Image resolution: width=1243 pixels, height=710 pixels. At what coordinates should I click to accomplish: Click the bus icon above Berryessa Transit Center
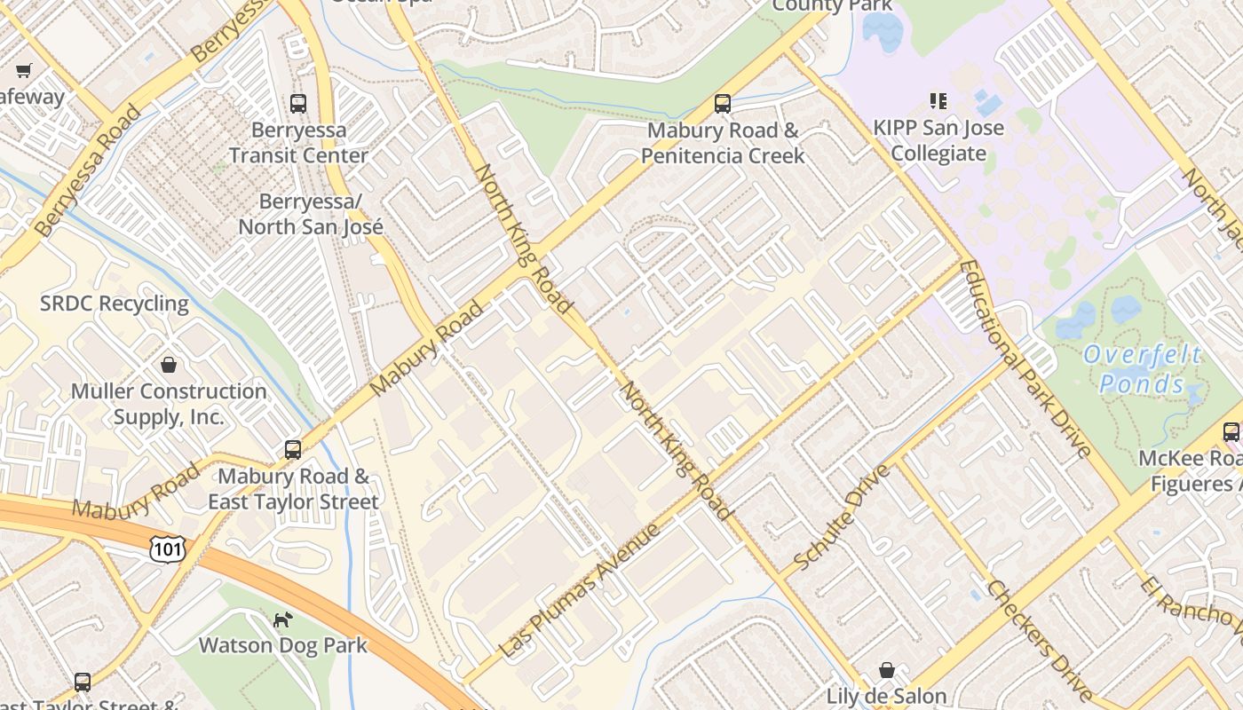298,104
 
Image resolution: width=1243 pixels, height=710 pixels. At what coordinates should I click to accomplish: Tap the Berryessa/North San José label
310,215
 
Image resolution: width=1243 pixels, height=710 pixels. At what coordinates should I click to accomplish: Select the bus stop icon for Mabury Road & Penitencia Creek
723,104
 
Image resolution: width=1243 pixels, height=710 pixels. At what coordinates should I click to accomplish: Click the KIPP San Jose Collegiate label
938,140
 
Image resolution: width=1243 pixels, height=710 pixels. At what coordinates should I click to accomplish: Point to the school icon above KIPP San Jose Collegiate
938,101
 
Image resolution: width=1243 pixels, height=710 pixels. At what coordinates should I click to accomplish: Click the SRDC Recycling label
115,304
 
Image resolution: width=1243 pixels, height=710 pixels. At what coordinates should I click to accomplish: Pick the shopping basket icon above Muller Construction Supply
169,365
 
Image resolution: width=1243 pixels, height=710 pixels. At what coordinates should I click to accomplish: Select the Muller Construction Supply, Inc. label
169,404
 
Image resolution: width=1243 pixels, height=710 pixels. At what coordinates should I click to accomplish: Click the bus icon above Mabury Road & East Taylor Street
293,450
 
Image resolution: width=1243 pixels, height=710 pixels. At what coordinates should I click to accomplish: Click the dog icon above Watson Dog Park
282,619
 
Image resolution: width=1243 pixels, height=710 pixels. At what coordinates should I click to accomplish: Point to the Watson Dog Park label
282,644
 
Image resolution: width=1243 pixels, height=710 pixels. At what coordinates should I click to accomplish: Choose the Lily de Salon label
886,696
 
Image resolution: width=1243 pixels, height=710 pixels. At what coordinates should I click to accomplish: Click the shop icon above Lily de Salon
886,669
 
